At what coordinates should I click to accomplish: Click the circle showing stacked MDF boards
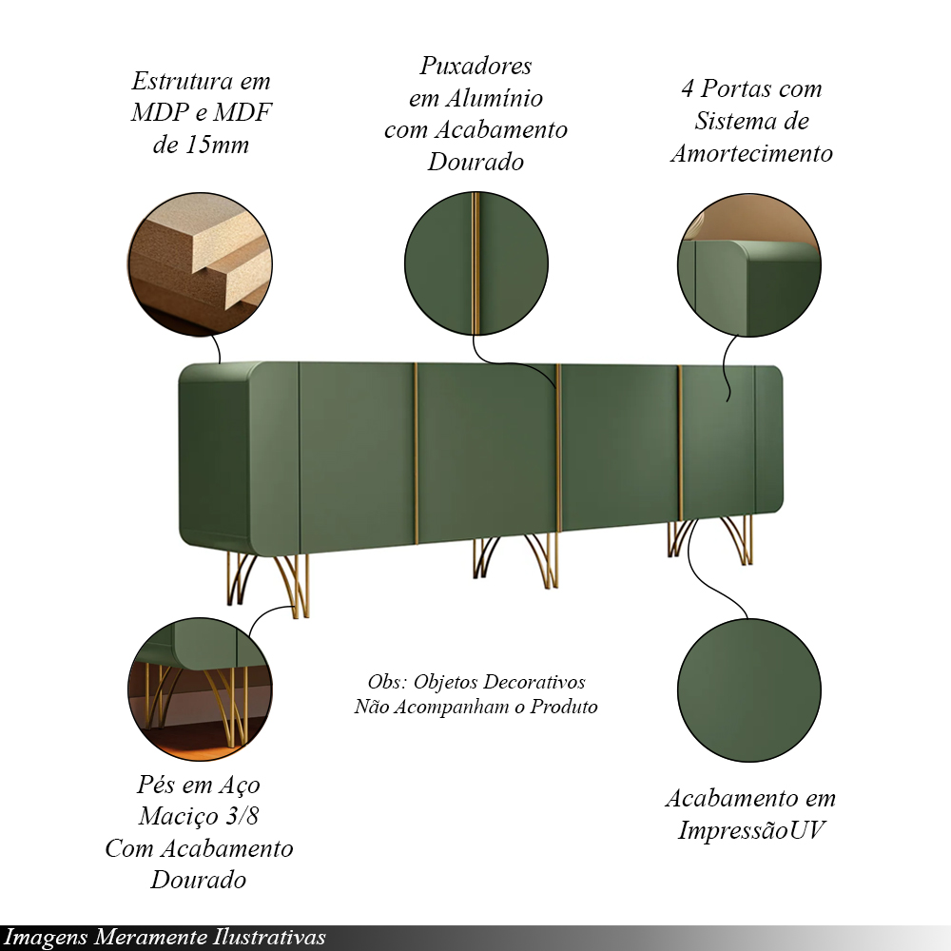[x=200, y=263]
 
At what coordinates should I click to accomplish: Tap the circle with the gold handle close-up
[x=476, y=263]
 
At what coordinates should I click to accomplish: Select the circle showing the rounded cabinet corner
[x=749, y=265]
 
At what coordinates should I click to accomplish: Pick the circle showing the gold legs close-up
[x=200, y=689]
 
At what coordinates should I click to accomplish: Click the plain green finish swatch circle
[x=749, y=690]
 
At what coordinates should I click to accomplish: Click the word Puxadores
[x=475, y=67]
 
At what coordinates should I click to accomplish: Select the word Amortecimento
[x=751, y=153]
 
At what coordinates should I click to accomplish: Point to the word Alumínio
[x=494, y=98]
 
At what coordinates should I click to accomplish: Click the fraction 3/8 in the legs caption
[x=242, y=816]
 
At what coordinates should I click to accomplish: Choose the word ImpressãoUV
[x=751, y=830]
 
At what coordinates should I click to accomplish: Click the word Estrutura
[x=183, y=81]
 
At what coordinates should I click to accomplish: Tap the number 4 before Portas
[x=688, y=89]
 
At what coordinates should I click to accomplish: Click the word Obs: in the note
[x=387, y=682]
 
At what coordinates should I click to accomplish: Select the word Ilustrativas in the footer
[x=269, y=938]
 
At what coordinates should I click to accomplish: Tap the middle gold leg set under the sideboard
[x=514, y=562]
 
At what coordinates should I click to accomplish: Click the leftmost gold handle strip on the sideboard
[x=417, y=453]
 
